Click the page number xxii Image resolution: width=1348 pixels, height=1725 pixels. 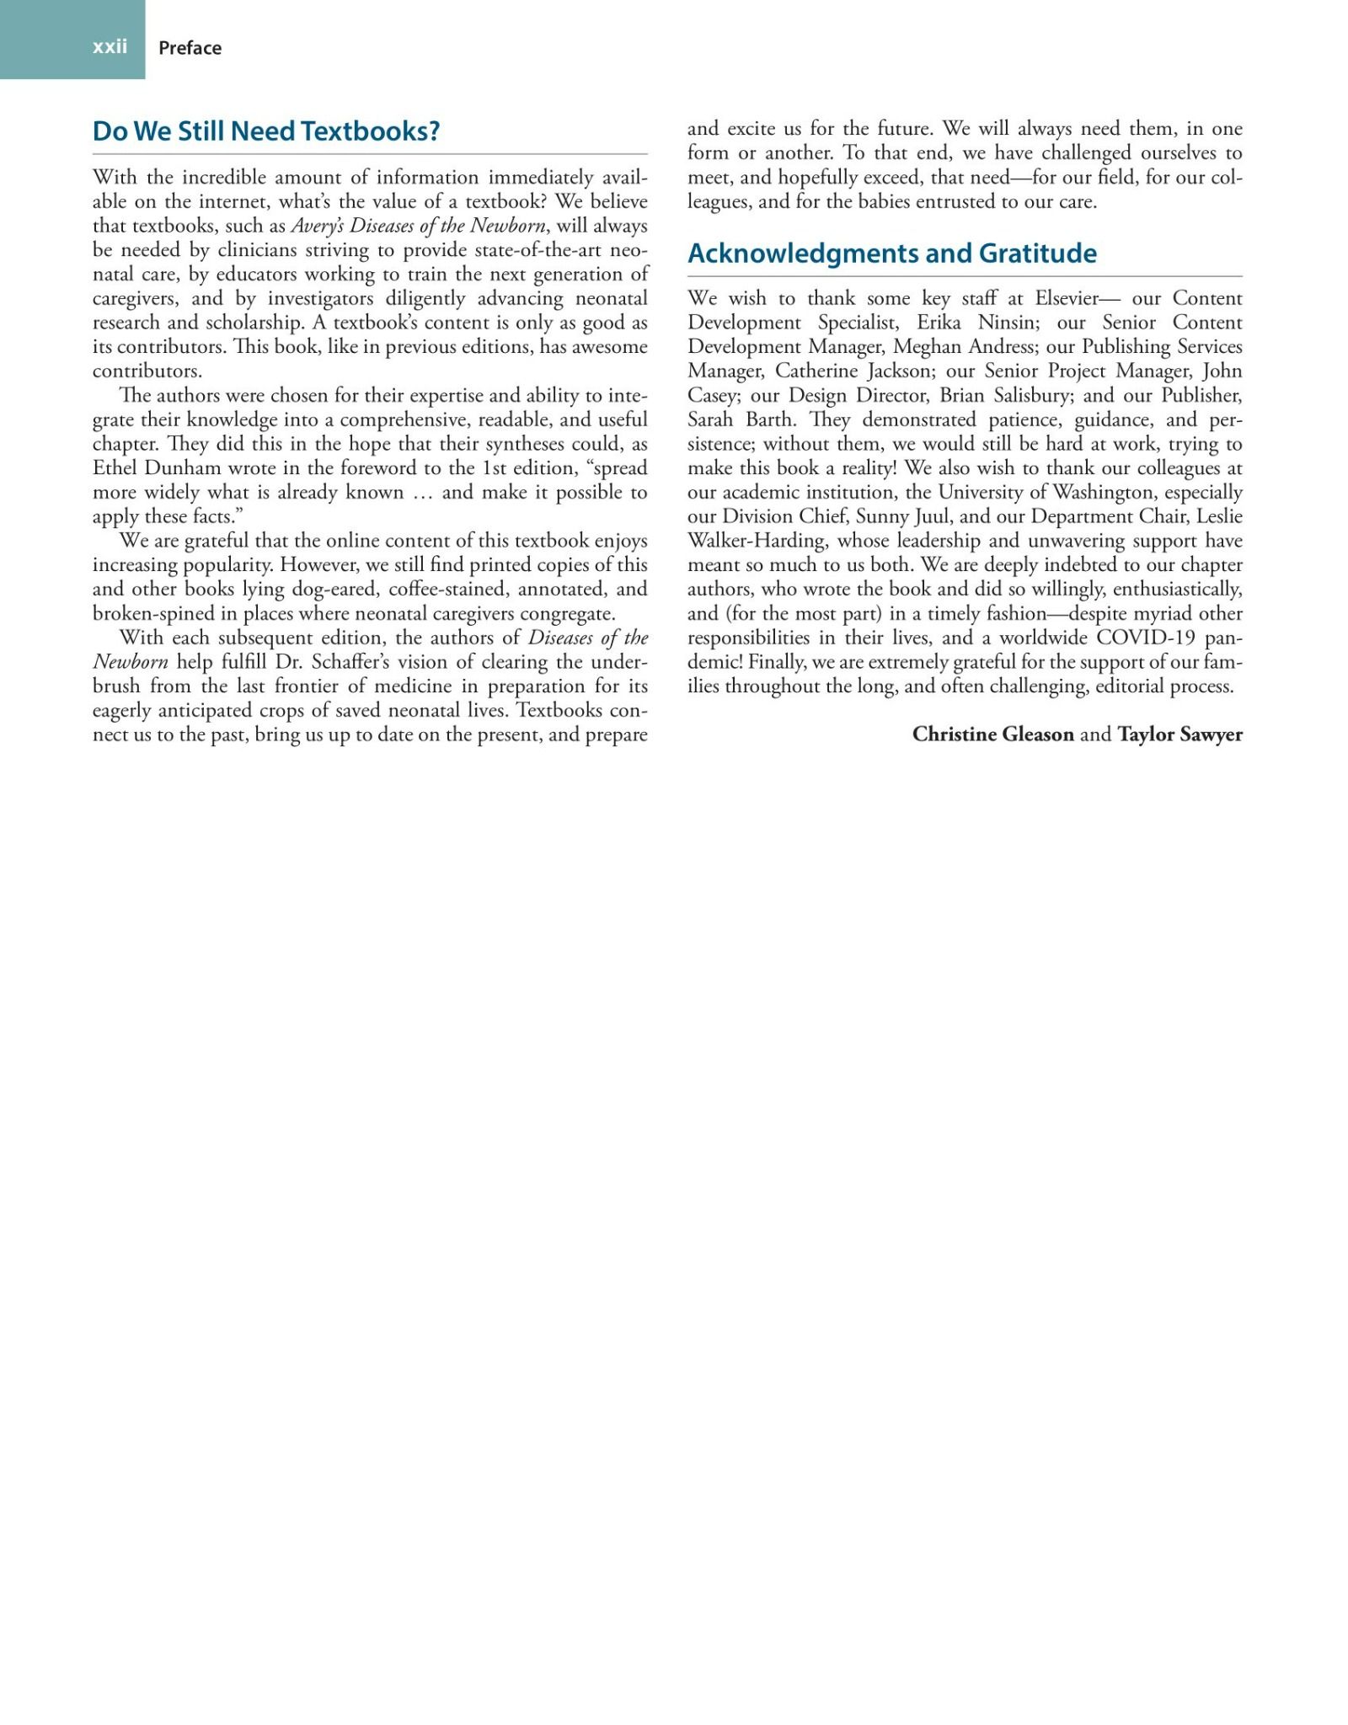pos(110,46)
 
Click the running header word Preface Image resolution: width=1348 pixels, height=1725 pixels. pos(190,48)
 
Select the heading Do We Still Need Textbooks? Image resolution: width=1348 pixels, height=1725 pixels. pos(266,131)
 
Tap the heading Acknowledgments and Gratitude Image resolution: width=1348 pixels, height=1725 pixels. pos(892,254)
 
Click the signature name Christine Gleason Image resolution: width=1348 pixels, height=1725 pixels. pos(992,734)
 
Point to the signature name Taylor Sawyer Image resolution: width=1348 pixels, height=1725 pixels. pos(1179,734)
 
